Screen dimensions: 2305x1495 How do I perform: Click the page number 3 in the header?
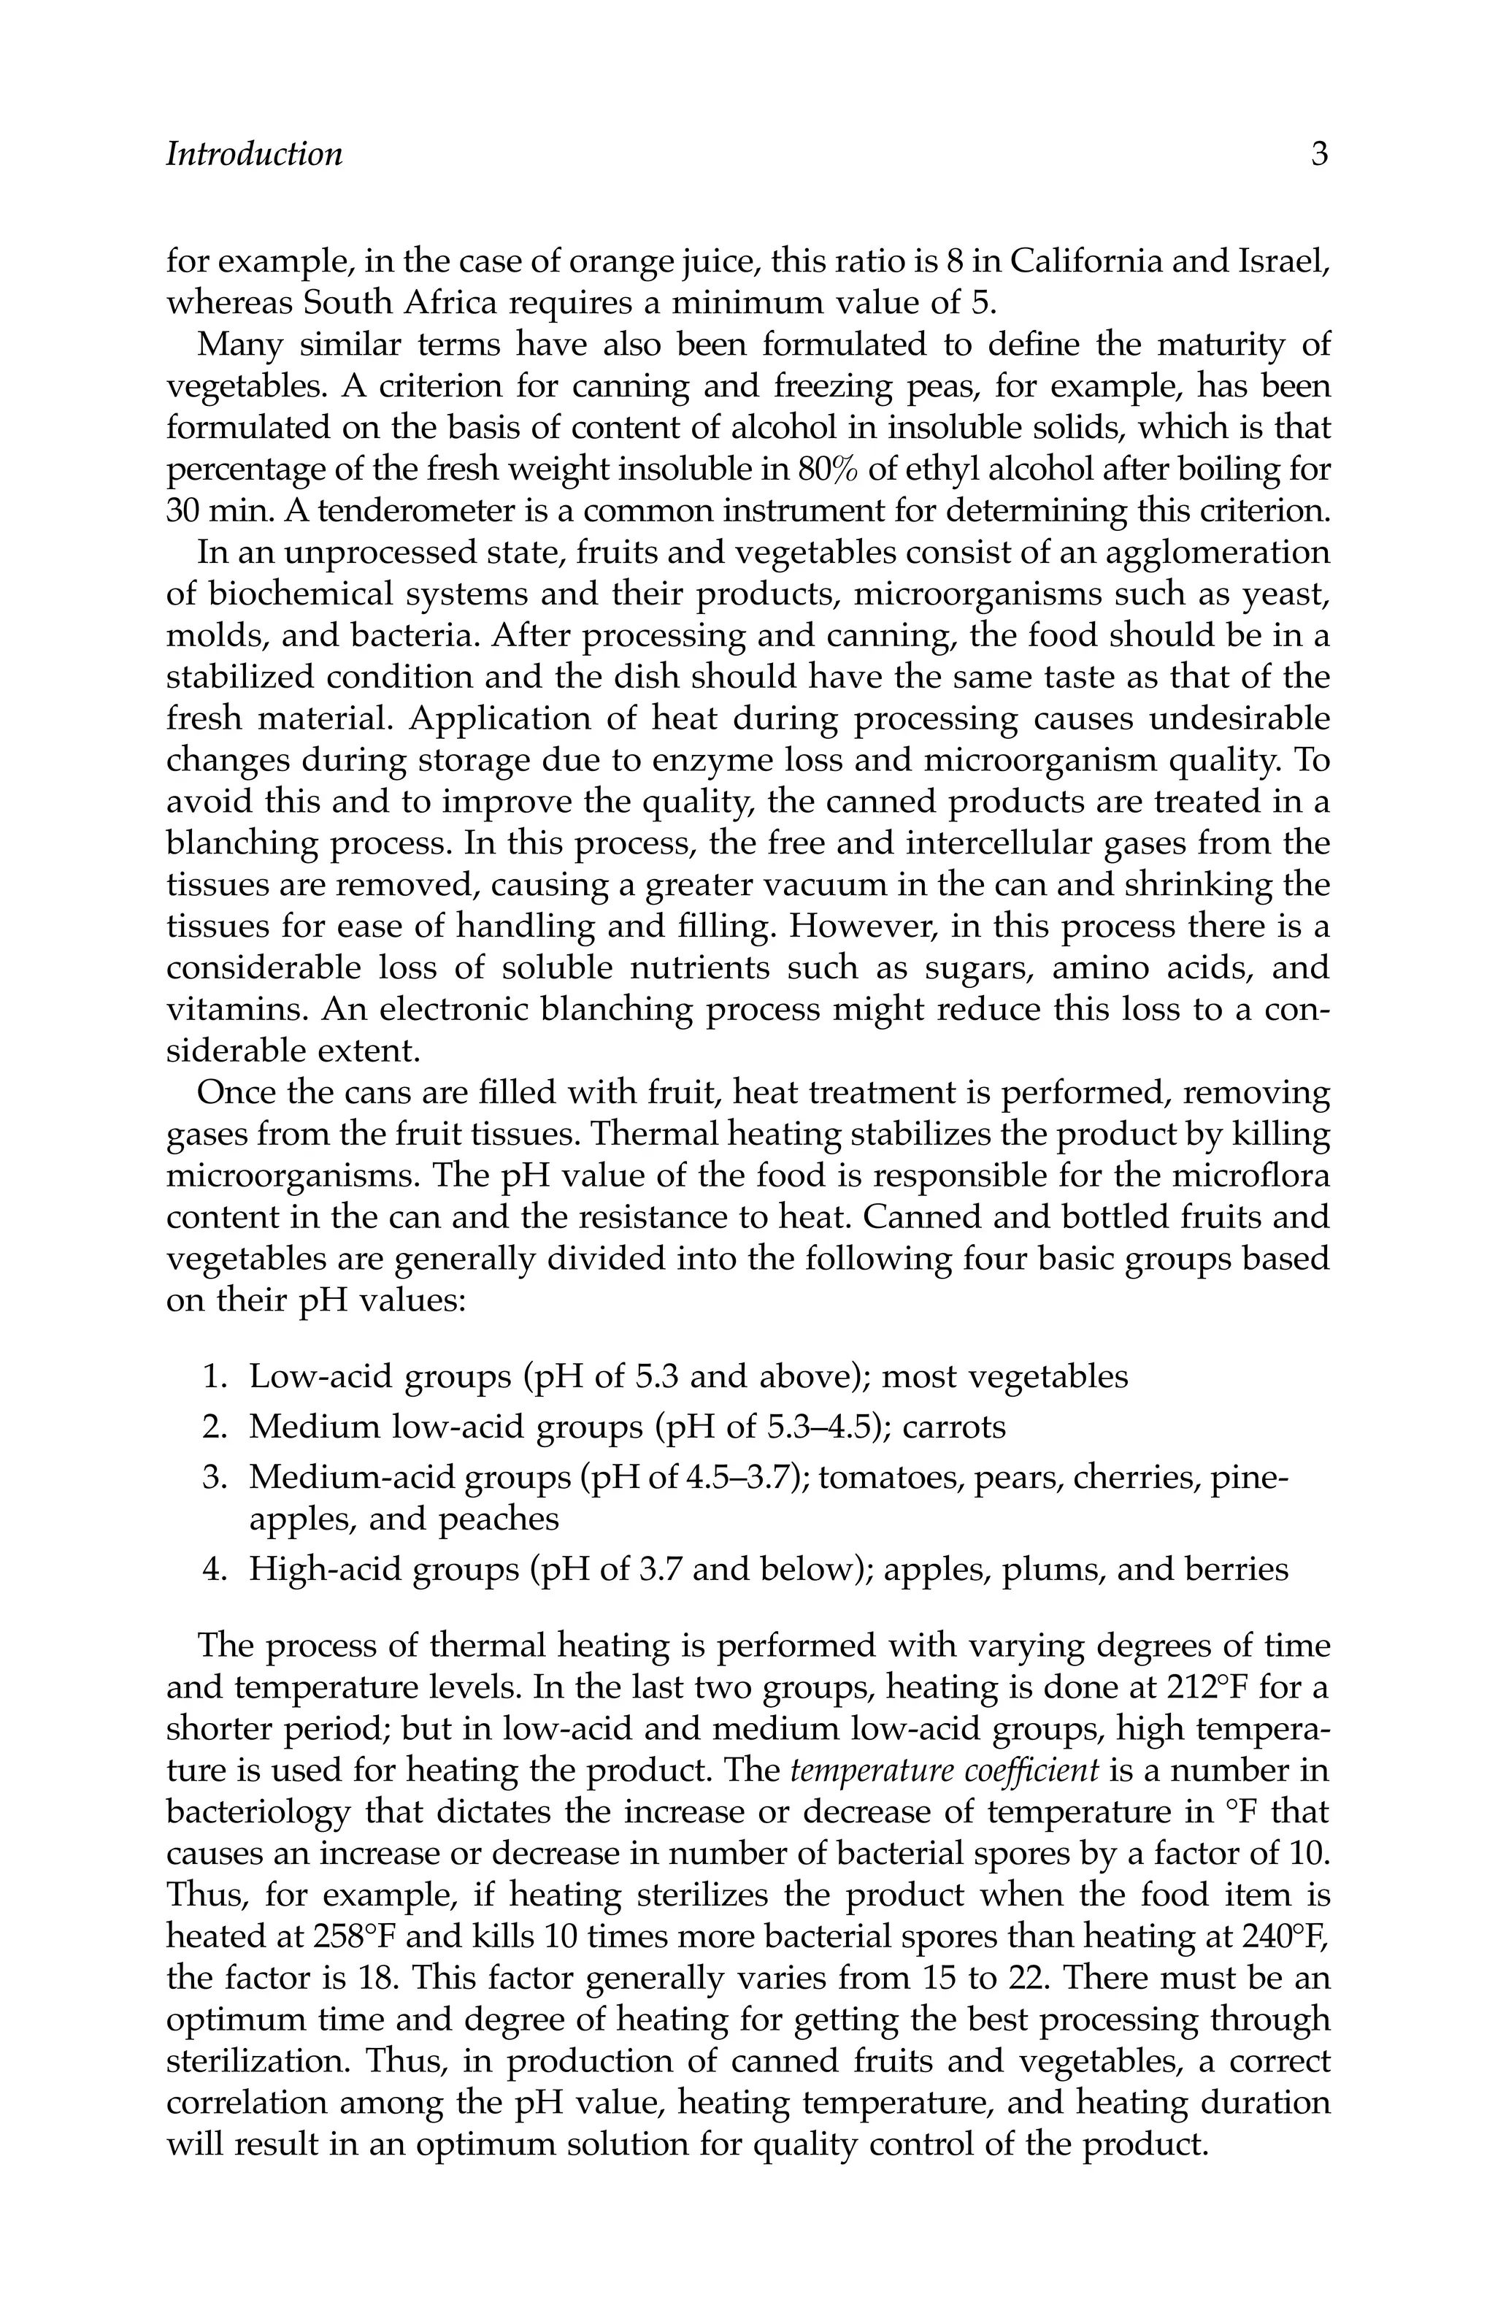pyautogui.click(x=1319, y=154)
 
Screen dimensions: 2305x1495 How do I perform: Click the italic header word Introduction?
pyautogui.click(x=254, y=154)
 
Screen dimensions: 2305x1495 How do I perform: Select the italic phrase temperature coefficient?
pyautogui.click(x=944, y=1771)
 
